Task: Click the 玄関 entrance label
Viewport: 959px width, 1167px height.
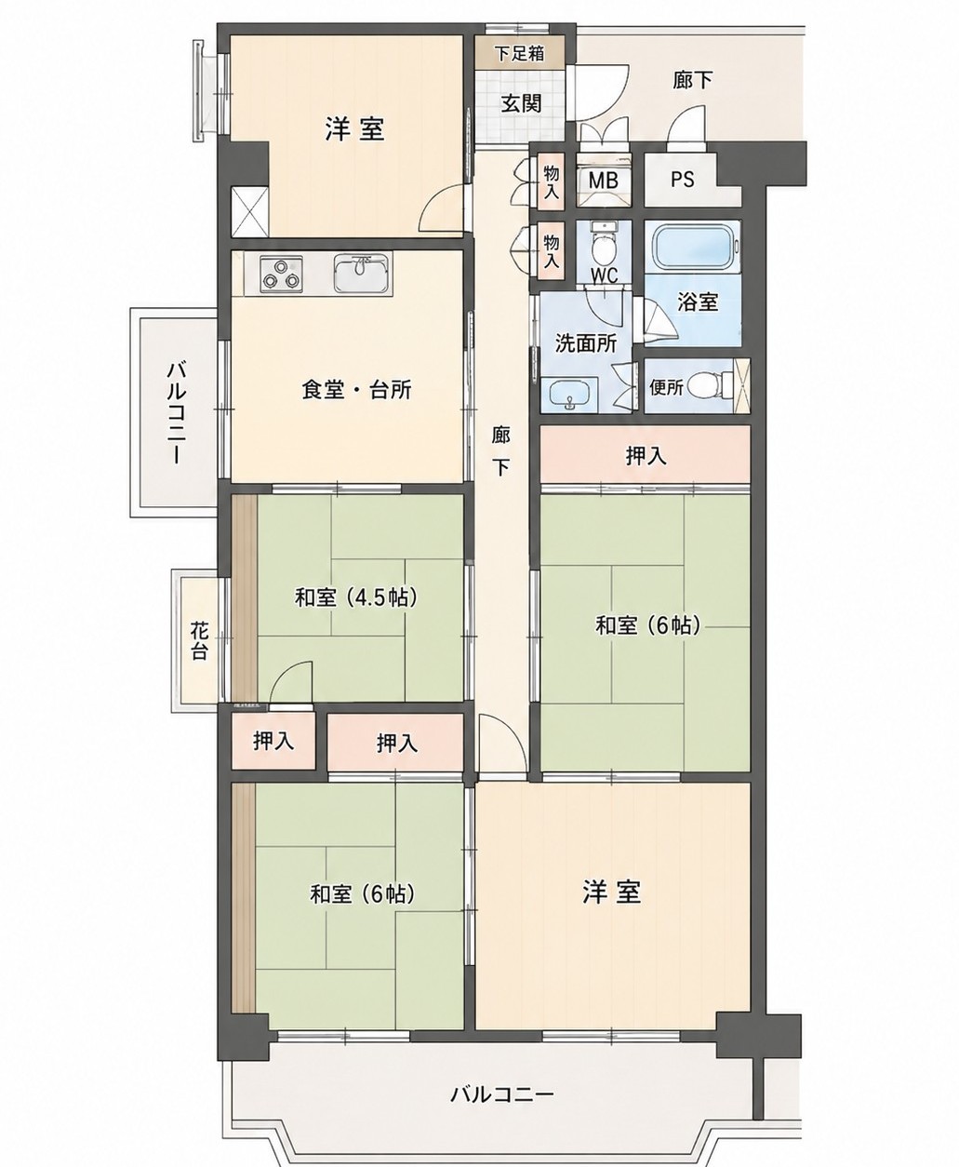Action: click(x=521, y=103)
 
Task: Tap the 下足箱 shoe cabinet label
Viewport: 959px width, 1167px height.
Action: click(x=519, y=53)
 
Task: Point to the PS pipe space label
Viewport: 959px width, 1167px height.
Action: click(x=683, y=180)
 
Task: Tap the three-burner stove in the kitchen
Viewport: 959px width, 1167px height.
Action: click(x=282, y=274)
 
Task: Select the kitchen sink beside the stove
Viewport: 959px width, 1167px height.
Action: click(x=362, y=274)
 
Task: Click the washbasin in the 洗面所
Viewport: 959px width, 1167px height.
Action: click(x=569, y=395)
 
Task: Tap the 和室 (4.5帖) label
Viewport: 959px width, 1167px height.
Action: click(x=355, y=597)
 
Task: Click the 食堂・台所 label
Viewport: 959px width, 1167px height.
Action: click(x=357, y=391)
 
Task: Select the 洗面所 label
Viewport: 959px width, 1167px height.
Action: click(x=586, y=344)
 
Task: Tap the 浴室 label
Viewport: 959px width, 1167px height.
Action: click(x=698, y=302)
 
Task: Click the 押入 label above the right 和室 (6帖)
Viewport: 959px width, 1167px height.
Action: click(x=646, y=457)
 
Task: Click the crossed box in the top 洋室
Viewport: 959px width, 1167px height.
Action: click(x=250, y=212)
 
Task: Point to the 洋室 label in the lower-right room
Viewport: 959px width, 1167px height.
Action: click(x=612, y=892)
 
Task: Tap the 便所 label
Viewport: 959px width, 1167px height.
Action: click(x=666, y=387)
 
